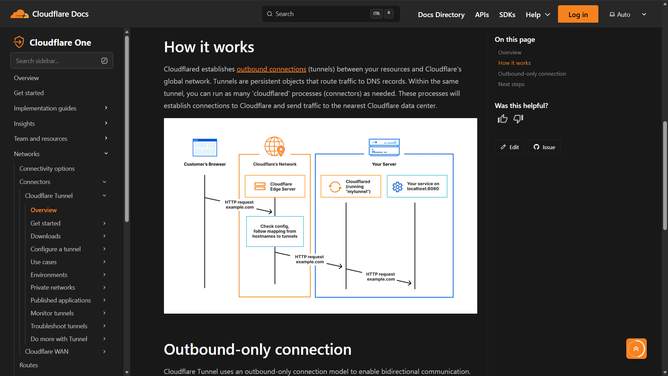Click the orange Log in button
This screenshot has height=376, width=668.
pyautogui.click(x=578, y=14)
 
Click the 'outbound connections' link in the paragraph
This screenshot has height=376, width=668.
pyautogui.click(x=272, y=69)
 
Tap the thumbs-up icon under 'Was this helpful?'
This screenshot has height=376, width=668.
pyautogui.click(x=502, y=119)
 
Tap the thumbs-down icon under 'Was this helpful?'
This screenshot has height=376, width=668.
pyautogui.click(x=518, y=119)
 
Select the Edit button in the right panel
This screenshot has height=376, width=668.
pyautogui.click(x=510, y=147)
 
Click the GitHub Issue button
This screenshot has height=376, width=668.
pyautogui.click(x=544, y=147)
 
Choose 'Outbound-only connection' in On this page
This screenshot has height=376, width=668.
pyautogui.click(x=532, y=74)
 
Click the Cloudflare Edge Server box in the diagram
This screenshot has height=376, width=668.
pyautogui.click(x=275, y=186)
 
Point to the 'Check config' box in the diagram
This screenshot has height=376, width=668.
pyautogui.click(x=275, y=231)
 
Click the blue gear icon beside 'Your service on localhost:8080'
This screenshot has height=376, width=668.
pyautogui.click(x=398, y=187)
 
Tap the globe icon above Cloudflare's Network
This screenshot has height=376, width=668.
pyautogui.click(x=275, y=146)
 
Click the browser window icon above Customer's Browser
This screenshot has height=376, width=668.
pyautogui.click(x=205, y=147)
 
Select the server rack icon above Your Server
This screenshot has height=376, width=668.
pyautogui.click(x=384, y=147)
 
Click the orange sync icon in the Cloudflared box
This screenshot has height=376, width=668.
pyautogui.click(x=335, y=187)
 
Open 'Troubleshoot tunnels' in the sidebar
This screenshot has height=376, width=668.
pyautogui.click(x=59, y=326)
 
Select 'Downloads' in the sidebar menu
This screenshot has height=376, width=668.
pyautogui.click(x=46, y=236)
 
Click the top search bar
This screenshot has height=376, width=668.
pyautogui.click(x=331, y=14)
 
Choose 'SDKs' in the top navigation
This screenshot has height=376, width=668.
pyautogui.click(x=507, y=15)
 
